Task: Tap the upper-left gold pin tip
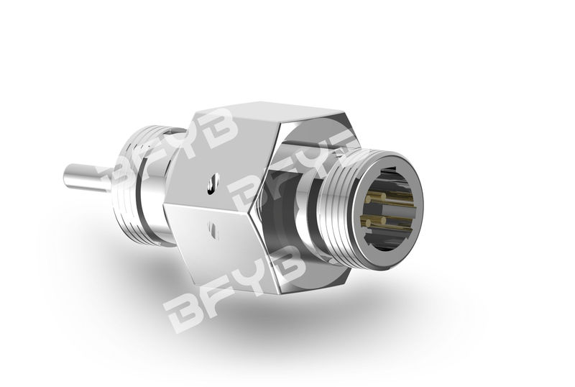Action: pos(369,199)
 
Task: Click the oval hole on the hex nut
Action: pos(213,183)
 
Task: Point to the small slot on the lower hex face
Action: pos(213,230)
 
